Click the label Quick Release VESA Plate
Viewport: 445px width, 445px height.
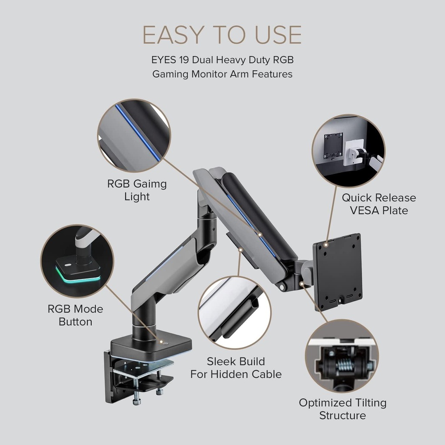pyautogui.click(x=379, y=204)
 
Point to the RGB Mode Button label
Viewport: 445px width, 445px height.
pyautogui.click(x=76, y=315)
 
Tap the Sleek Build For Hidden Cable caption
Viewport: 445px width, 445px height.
pyautogui.click(x=236, y=368)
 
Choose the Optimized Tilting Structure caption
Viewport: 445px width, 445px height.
pyautogui.click(x=342, y=409)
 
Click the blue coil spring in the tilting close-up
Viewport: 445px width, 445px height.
pyautogui.click(x=344, y=364)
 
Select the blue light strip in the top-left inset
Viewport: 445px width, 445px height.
pyautogui.click(x=138, y=133)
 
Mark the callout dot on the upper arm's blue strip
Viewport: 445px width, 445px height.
pyautogui.click(x=259, y=235)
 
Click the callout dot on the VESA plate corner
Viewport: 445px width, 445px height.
pyautogui.click(x=326, y=244)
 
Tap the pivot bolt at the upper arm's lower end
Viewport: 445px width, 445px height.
pyautogui.click(x=282, y=287)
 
